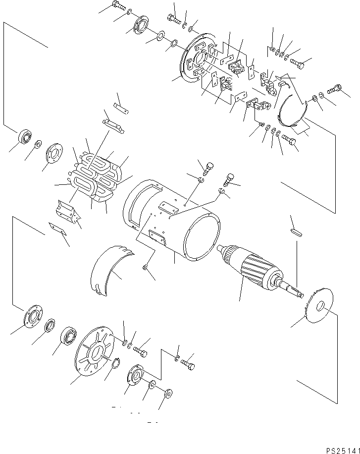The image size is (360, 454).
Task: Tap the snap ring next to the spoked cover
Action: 114,365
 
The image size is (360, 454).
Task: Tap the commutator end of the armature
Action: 229,256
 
